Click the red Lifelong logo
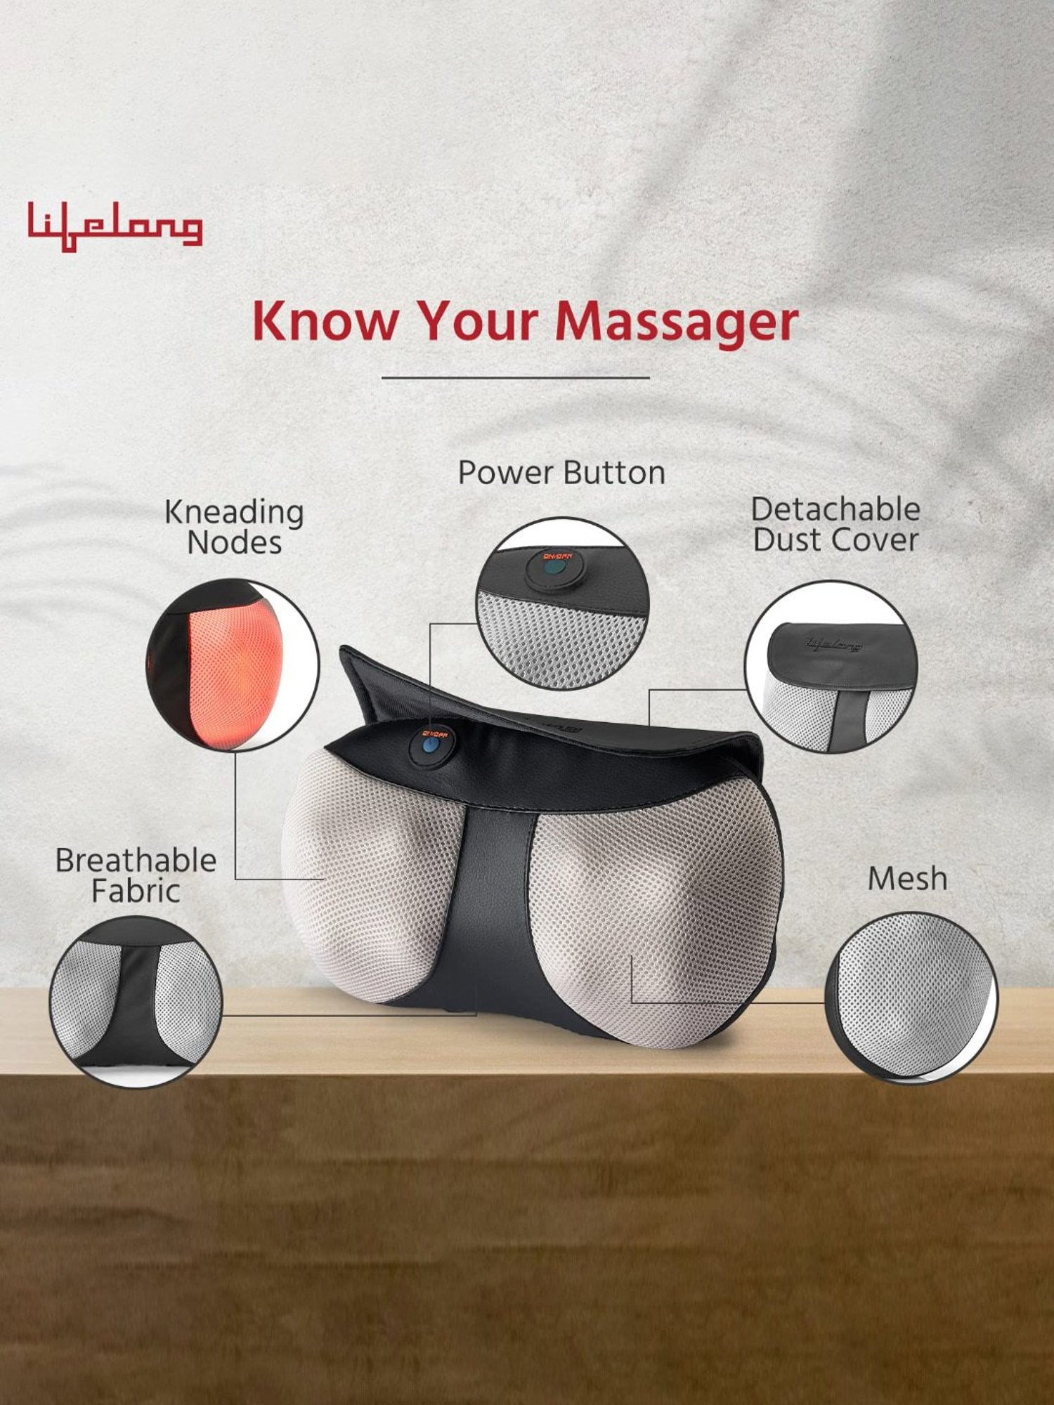click(115, 226)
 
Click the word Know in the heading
click(324, 321)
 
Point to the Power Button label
click(561, 473)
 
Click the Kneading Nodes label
click(234, 527)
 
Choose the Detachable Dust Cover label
click(835, 525)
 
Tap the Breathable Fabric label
click(136, 875)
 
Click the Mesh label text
click(907, 879)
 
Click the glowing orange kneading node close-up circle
click(233, 665)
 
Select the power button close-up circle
click(562, 603)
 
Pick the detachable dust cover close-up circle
click(831, 667)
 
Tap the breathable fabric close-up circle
click(136, 1002)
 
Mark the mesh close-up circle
click(911, 997)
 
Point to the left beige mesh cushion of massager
click(365, 878)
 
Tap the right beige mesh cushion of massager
click(653, 913)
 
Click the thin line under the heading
click(515, 378)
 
